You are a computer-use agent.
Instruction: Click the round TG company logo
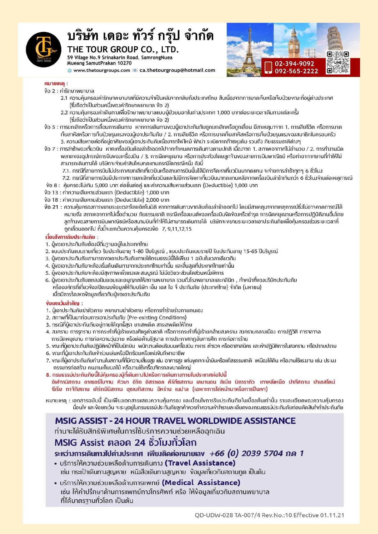[44, 49]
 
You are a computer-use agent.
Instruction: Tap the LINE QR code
[337, 63]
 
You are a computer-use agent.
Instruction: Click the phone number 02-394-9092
[294, 64]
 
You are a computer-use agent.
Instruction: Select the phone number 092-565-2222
[296, 71]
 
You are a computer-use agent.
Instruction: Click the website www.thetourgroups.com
[101, 70]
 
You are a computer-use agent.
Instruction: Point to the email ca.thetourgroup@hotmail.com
[177, 70]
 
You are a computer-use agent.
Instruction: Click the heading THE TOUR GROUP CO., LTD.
[123, 49]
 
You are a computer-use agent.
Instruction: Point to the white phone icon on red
[268, 68]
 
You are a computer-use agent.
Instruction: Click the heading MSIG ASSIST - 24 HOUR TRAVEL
[175, 421]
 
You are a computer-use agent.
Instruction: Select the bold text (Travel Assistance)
[200, 463]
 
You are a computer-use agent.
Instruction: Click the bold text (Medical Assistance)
[201, 483]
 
